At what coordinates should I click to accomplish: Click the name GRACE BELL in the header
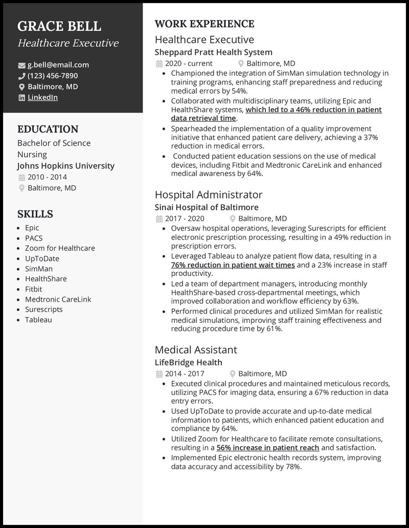[59, 26]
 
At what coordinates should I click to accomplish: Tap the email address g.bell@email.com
[58, 65]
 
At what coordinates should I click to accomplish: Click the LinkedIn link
[42, 97]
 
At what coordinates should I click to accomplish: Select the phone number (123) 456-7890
[53, 76]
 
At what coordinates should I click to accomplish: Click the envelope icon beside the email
[21, 65]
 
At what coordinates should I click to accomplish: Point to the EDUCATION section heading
[48, 129]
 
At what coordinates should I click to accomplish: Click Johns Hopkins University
[65, 166]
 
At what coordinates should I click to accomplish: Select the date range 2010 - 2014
[47, 177]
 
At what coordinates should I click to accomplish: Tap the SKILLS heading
[35, 214]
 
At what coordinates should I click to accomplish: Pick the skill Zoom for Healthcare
[60, 248]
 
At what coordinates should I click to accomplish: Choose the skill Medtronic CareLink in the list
[58, 299]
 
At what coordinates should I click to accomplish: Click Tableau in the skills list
[38, 320]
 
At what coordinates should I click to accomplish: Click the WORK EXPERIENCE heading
[204, 24]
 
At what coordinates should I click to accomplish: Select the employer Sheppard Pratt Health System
[213, 52]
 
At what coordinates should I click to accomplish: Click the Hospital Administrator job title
[208, 194]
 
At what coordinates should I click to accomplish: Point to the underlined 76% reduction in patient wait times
[233, 265]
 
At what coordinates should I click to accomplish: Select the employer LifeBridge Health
[188, 362]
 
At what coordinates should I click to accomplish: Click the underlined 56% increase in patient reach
[267, 448]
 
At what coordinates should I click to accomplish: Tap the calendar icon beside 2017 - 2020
[158, 218]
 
